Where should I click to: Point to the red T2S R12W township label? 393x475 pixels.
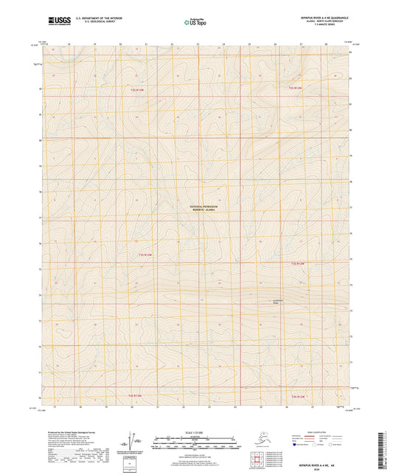click(x=295, y=89)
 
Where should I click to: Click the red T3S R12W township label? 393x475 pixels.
click(x=297, y=263)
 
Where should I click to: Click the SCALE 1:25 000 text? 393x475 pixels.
click(x=195, y=432)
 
